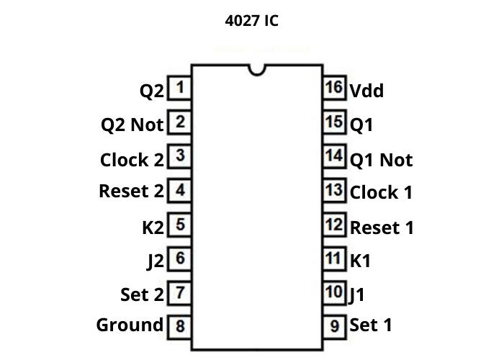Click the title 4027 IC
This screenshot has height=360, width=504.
click(x=251, y=21)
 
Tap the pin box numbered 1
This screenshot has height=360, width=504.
click(x=179, y=89)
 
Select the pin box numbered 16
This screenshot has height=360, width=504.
click(x=334, y=88)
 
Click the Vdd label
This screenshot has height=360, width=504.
click(x=366, y=91)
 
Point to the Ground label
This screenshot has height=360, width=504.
click(x=130, y=325)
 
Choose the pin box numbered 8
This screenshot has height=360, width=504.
click(x=179, y=326)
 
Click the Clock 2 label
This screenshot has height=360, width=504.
click(x=132, y=160)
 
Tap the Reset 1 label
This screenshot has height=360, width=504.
click(x=382, y=228)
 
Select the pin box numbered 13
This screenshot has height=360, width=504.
click(x=334, y=191)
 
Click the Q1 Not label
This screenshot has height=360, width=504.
click(x=381, y=160)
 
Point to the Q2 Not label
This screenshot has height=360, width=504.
click(x=132, y=125)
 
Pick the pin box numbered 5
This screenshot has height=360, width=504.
click(x=179, y=225)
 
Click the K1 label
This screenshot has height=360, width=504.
click(x=360, y=261)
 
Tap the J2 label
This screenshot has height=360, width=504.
click(x=156, y=261)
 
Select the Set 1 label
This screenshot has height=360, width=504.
click(x=371, y=325)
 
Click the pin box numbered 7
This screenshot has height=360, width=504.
click(x=179, y=292)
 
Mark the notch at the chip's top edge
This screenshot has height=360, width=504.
click(x=256, y=69)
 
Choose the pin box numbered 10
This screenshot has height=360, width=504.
click(x=334, y=292)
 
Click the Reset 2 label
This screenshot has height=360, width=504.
click(x=131, y=192)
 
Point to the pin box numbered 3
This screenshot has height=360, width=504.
click(x=179, y=156)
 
